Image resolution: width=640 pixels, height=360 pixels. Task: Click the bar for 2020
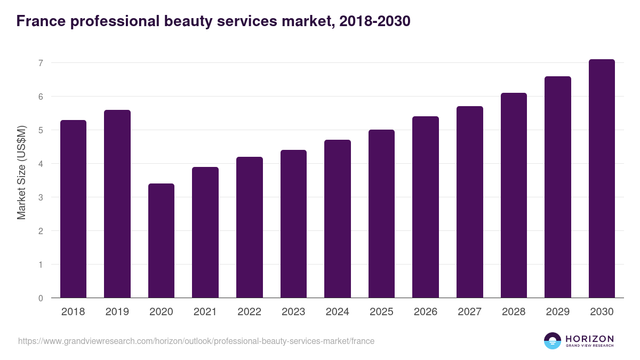pyautogui.click(x=161, y=241)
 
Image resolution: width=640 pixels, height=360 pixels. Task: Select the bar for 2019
pyautogui.click(x=117, y=204)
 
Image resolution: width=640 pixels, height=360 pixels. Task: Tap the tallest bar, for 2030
pyautogui.click(x=602, y=179)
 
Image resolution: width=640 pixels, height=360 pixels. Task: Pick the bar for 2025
pyautogui.click(x=381, y=213)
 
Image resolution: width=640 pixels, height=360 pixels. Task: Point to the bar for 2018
pyautogui.click(x=73, y=209)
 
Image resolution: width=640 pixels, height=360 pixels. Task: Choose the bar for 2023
pyautogui.click(x=293, y=224)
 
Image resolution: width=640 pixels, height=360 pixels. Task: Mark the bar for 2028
pyautogui.click(x=514, y=195)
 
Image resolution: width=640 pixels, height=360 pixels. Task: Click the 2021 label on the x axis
pyautogui.click(x=205, y=312)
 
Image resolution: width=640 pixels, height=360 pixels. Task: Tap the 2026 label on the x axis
pyautogui.click(x=425, y=312)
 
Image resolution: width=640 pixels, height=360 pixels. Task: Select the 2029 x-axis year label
pyautogui.click(x=557, y=312)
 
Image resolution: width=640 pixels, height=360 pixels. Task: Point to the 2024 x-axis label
pyautogui.click(x=337, y=312)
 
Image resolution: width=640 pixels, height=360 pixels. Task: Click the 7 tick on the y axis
pyautogui.click(x=40, y=63)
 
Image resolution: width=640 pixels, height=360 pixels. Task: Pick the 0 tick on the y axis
pyautogui.click(x=40, y=298)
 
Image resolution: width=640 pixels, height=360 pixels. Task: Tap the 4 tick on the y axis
pyautogui.click(x=40, y=164)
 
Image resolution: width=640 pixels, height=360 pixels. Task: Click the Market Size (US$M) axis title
pyautogui.click(x=21, y=172)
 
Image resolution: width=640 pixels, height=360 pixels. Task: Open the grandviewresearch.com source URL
pyautogui.click(x=196, y=341)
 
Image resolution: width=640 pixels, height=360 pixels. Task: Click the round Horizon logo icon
pyautogui.click(x=552, y=341)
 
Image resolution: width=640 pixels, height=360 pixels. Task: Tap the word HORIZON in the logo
pyautogui.click(x=589, y=338)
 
